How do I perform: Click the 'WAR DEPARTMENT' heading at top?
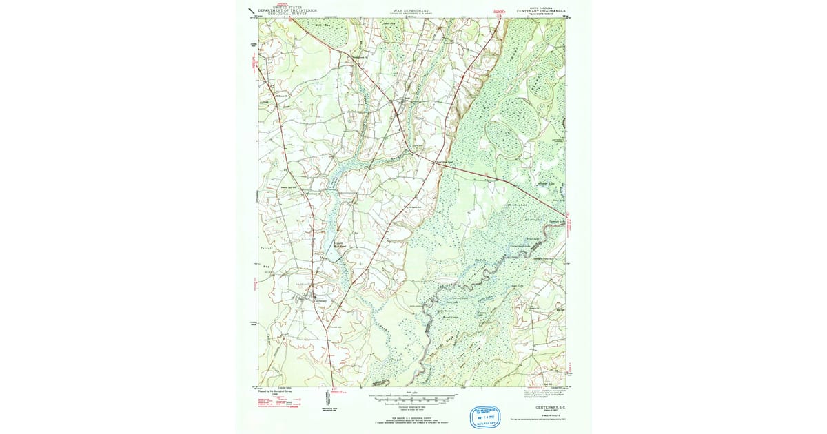pos(411,10)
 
